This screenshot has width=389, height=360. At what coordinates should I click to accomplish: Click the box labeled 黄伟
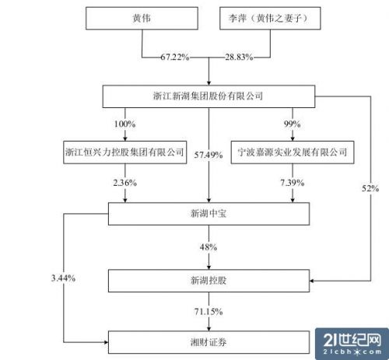point(142,18)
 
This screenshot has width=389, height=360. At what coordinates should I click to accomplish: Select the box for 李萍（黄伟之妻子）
point(270,18)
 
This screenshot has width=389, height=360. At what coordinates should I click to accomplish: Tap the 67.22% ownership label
point(175,57)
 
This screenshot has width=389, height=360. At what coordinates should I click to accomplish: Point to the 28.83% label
point(239,57)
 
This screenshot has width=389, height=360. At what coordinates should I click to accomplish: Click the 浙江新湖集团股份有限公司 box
point(209,96)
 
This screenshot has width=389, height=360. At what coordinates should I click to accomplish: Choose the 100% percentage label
point(124,124)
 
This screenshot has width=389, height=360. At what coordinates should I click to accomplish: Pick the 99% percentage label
point(293,124)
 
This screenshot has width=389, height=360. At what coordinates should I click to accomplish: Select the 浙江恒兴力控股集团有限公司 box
point(124,152)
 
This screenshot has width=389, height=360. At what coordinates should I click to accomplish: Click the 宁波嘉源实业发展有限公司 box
point(293,152)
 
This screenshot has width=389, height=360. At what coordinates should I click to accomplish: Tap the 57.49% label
point(209,155)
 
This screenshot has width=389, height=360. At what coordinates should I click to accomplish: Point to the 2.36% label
point(124,183)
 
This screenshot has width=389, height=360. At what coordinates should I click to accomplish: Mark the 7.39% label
point(293,183)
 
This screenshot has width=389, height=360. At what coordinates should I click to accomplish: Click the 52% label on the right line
point(370,188)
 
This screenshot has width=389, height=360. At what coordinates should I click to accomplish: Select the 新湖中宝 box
point(209,214)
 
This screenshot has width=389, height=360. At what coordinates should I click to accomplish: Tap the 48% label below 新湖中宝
point(209,247)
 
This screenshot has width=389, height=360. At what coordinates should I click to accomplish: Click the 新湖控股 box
point(209,281)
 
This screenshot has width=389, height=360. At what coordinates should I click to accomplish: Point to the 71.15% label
point(209,312)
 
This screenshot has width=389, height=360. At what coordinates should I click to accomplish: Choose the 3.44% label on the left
point(63,278)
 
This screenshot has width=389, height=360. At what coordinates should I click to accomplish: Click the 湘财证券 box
point(209,342)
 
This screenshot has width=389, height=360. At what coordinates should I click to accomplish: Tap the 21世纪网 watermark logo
point(352,344)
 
